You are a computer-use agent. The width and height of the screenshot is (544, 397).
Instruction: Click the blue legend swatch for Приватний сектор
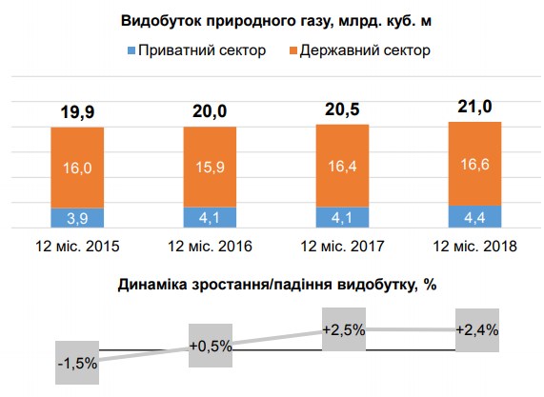[x=131, y=49]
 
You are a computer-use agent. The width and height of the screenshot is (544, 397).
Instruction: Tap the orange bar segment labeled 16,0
[x=77, y=168]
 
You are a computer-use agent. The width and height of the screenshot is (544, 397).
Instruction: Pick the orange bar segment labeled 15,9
[x=210, y=167]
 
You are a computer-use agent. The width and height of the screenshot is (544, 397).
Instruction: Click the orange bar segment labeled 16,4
[x=342, y=166]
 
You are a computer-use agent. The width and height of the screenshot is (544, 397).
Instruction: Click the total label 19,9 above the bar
[x=77, y=114]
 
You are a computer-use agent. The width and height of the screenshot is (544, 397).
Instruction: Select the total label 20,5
[x=342, y=109]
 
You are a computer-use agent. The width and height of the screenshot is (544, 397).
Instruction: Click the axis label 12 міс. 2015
[x=77, y=247]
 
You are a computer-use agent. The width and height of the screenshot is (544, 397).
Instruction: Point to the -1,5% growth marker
[x=77, y=363]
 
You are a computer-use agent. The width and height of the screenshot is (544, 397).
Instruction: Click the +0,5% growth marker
[x=211, y=346]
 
